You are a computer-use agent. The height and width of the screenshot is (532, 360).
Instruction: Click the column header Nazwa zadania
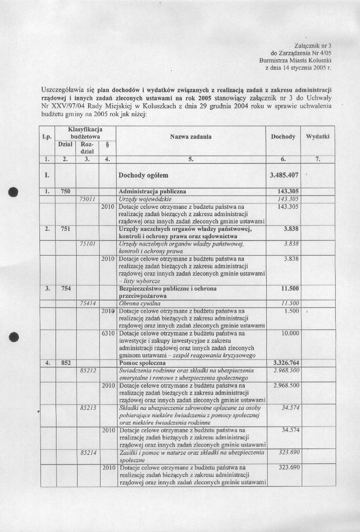[191, 137]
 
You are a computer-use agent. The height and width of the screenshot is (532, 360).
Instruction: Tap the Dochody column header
[283, 137]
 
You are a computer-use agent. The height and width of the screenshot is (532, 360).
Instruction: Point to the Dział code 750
[65, 191]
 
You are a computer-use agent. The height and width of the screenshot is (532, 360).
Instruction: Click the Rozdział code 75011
[87, 199]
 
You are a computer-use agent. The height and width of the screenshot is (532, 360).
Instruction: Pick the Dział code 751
[65, 229]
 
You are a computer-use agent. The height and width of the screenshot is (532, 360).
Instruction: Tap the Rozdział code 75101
[87, 243]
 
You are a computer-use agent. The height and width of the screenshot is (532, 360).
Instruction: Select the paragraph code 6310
[107, 333]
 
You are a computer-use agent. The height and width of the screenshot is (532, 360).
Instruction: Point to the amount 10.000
[290, 333]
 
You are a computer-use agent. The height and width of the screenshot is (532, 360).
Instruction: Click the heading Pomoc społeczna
[146, 363]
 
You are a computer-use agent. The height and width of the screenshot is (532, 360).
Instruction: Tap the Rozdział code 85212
[87, 370]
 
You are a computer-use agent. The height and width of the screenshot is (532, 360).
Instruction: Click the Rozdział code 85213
[87, 408]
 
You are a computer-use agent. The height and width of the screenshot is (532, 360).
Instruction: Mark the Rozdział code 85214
[87, 453]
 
